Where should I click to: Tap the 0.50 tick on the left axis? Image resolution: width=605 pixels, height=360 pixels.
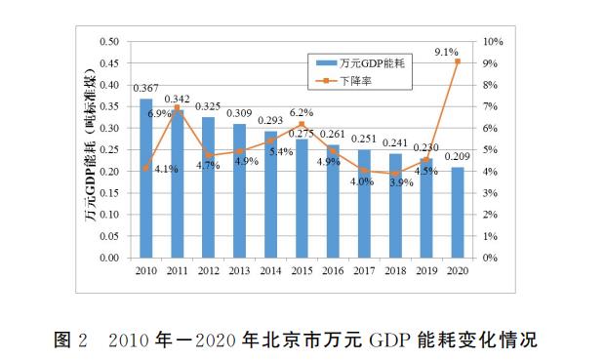coord(109,42)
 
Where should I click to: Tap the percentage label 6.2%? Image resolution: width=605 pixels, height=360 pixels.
coord(302,112)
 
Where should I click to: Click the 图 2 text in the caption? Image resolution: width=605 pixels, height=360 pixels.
coord(69,340)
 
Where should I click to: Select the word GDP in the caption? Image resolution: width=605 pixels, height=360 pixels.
coord(386,340)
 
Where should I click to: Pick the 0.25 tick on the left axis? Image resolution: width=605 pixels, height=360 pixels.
coord(109,150)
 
